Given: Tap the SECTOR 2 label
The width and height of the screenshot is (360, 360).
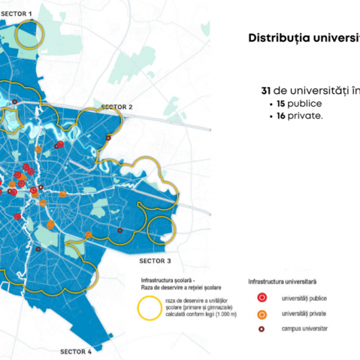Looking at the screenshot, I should point(117,106).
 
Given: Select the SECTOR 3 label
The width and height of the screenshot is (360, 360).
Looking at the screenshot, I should point(164,260).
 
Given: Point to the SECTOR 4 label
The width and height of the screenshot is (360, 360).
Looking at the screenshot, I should point(74,351).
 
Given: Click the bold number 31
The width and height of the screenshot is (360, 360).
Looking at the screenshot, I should point(266,92).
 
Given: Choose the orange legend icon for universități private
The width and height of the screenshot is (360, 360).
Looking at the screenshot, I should point(262,314).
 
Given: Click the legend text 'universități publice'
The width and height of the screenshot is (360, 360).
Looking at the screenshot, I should point(304,298).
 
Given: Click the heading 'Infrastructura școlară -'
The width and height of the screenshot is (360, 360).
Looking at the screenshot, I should point(167,280).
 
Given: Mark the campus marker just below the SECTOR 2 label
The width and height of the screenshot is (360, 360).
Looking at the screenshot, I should point(109,138).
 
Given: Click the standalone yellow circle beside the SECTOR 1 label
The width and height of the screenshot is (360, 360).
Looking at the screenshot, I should point(30,33).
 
